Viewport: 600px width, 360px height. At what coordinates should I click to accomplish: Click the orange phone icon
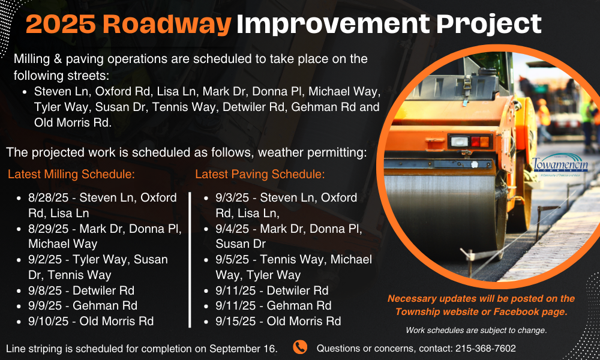(x=300, y=347)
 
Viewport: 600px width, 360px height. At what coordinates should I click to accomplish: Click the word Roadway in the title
(x=167, y=24)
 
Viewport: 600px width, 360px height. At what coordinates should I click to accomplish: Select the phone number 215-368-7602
(x=485, y=349)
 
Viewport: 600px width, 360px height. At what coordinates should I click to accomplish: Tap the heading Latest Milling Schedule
(x=71, y=174)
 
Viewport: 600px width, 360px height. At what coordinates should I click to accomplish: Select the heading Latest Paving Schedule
(x=260, y=174)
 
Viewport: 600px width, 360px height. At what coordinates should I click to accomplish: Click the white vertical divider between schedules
(x=190, y=260)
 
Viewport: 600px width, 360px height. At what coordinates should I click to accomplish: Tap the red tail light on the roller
(x=475, y=142)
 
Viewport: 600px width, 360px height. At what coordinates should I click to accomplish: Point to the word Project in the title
(x=488, y=25)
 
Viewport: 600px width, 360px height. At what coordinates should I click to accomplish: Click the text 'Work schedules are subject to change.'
(x=476, y=330)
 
